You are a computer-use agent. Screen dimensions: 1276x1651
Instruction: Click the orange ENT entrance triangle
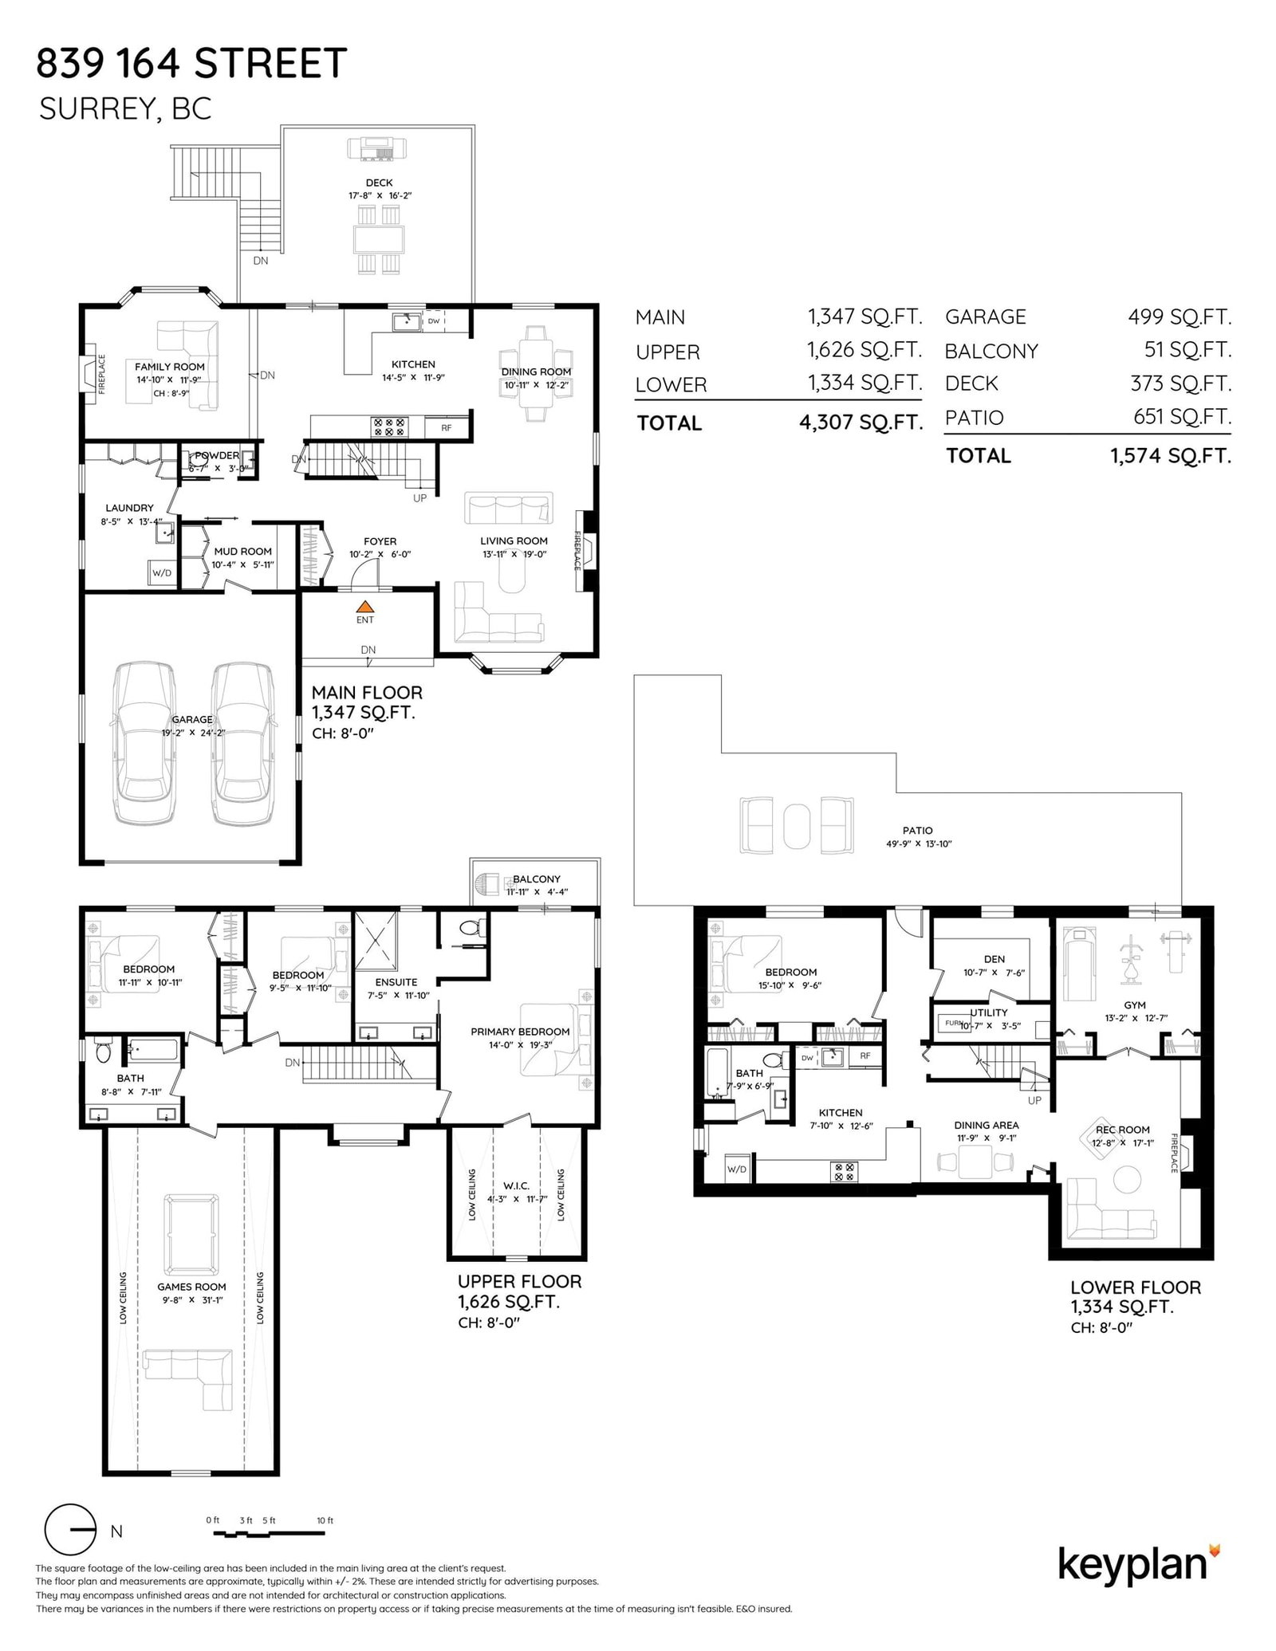point(364,607)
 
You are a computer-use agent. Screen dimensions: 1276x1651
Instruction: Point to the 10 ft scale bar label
point(325,1520)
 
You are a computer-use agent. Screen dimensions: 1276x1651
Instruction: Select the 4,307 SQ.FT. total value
point(861,423)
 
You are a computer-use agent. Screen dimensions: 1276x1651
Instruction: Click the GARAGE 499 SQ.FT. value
point(1180,316)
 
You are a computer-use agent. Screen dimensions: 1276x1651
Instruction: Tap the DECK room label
point(379,183)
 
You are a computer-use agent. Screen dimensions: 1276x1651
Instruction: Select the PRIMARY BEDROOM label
point(520,1032)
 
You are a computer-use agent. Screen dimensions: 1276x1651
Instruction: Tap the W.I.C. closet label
point(517,1186)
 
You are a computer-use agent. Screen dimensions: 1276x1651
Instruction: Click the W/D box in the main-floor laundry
point(162,572)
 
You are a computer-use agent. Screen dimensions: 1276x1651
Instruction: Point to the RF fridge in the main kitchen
point(447,427)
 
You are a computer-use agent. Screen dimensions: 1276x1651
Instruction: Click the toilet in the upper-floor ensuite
point(472,928)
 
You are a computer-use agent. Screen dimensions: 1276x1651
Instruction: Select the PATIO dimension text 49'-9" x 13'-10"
point(919,843)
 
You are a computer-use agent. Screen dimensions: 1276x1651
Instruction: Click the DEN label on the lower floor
point(994,959)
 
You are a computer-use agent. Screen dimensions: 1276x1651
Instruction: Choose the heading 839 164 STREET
point(192,63)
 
